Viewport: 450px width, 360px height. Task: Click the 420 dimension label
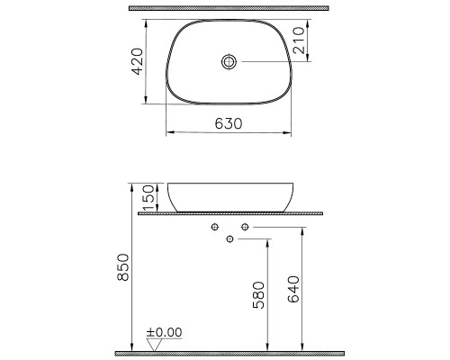tap(138, 61)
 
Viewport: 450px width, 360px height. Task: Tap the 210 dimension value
tap(299, 40)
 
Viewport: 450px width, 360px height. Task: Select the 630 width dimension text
tap(229, 123)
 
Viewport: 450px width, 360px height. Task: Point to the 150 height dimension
tap(148, 198)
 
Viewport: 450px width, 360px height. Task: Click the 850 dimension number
tap(123, 267)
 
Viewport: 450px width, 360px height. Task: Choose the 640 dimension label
tap(293, 289)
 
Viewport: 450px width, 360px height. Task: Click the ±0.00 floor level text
tap(164, 332)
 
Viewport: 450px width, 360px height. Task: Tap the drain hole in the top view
tap(229, 61)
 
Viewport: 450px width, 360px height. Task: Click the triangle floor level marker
tap(154, 345)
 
